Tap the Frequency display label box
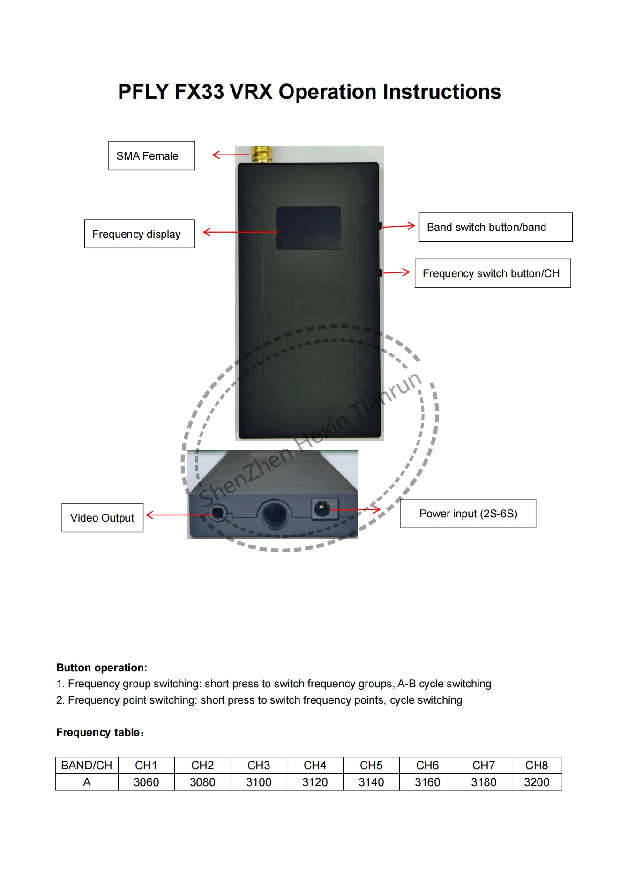coord(139,234)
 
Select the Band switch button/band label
coord(495,227)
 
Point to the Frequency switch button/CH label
coord(493,273)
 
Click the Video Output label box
coord(102,518)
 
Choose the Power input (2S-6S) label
coord(468,514)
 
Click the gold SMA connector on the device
coord(262,155)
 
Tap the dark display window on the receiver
coord(308,228)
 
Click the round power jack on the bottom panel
coord(321,508)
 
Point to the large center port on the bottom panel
coord(274,513)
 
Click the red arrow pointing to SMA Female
coord(230,155)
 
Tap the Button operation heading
coord(102,668)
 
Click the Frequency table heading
coord(100,732)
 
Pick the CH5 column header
coord(371,765)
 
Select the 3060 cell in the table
coord(146,782)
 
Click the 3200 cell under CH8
coord(537,782)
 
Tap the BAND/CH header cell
coord(87,765)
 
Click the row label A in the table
coord(87,782)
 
